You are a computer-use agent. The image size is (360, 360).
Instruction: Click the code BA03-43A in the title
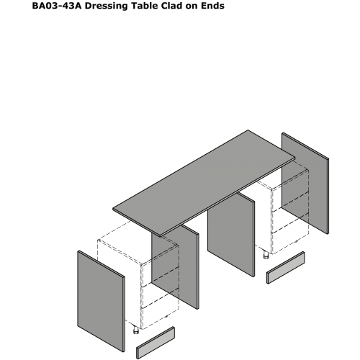(x=57, y=6)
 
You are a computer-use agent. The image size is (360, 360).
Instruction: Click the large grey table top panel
(x=204, y=183)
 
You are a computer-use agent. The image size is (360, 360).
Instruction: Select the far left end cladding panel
(x=101, y=301)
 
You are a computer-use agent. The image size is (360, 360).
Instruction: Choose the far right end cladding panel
(x=305, y=183)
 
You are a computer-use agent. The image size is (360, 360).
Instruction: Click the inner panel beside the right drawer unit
(x=231, y=235)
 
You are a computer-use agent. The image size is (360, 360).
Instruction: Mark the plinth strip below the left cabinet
(x=156, y=343)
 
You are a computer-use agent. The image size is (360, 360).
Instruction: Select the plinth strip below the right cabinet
(x=286, y=268)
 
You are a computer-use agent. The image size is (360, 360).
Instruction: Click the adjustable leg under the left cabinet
(x=136, y=330)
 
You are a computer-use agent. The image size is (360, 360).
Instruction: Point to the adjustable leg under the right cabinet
(x=266, y=255)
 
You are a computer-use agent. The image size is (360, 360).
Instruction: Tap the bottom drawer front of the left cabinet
(x=161, y=309)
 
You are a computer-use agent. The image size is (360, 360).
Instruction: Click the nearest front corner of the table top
(x=161, y=237)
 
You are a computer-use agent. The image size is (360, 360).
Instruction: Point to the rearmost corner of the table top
(x=248, y=130)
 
